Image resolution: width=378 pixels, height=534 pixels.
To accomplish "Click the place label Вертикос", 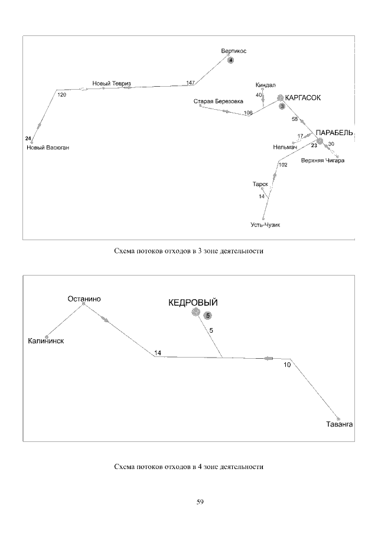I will coord(234,51).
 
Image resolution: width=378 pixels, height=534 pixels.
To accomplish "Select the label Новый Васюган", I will coord(48,148).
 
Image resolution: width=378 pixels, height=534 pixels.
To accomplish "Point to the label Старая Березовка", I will coord(219,101).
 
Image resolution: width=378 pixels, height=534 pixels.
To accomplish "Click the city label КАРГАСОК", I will coord(303,98).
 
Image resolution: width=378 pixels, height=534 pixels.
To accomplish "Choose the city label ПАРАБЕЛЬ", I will coord(334,133).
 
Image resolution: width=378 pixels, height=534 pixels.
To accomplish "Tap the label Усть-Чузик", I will coord(264,225).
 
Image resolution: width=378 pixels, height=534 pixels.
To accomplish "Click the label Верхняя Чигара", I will coord(322,160).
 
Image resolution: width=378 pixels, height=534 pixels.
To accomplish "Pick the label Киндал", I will coord(266,85).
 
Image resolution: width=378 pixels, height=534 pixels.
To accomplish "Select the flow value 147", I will coord(190,83).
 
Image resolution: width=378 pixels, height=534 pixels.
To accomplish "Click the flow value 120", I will coord(61,94).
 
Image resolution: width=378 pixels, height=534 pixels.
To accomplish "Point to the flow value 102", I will coord(282,165).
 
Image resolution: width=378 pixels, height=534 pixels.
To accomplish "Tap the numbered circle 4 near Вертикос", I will coord(231,61).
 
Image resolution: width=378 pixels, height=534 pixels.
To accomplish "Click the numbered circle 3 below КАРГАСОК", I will coord(282,107).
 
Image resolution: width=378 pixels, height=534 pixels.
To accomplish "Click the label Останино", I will coord(84,299).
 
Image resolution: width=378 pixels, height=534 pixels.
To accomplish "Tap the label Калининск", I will coord(46,341).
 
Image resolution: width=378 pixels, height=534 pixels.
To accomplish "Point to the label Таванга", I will coord(339,424).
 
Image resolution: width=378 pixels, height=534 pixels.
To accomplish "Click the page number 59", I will coord(200,502).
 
